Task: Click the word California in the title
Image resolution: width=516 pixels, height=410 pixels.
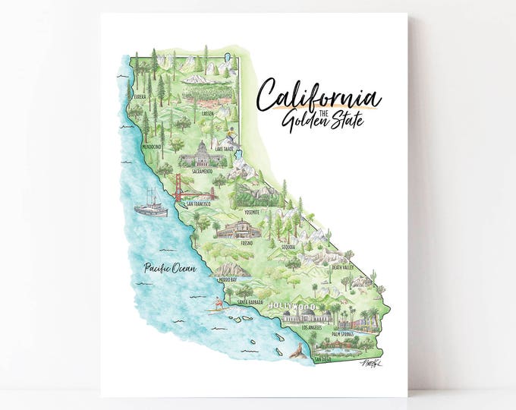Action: [x=318, y=96]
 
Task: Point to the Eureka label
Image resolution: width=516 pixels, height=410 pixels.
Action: [x=138, y=97]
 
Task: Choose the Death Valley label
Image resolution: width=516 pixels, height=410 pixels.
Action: [x=342, y=268]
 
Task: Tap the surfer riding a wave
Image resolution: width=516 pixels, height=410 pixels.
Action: [x=216, y=311]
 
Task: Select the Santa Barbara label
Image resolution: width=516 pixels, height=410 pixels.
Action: [x=250, y=303]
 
